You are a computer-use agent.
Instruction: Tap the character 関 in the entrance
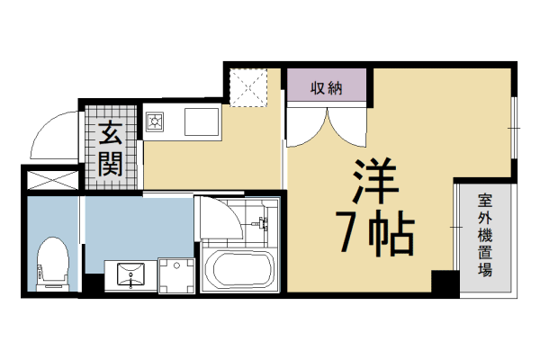coord(111,163)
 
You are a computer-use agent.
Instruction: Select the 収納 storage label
coord(327,88)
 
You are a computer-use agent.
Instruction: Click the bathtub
coord(238,271)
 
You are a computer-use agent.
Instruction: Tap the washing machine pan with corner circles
coord(177,274)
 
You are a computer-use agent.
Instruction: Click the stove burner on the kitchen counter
coord(155,120)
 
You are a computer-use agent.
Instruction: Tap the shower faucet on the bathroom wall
coord(264,223)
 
